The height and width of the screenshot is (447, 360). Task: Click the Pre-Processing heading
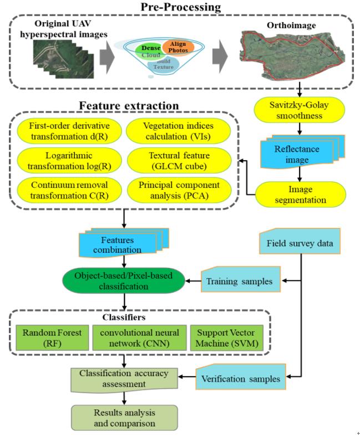[x=181, y=7]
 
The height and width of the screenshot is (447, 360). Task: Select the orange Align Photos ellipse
[x=178, y=47]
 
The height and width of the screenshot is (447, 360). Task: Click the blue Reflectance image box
[x=300, y=154]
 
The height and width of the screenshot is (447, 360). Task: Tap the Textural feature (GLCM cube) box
[x=178, y=160]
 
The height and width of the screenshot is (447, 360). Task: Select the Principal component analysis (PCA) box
[x=178, y=190]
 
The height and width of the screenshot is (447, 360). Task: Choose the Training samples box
[x=240, y=281]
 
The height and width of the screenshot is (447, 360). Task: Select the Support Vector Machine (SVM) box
[x=223, y=337]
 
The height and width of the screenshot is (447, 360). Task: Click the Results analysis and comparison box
[x=124, y=418]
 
